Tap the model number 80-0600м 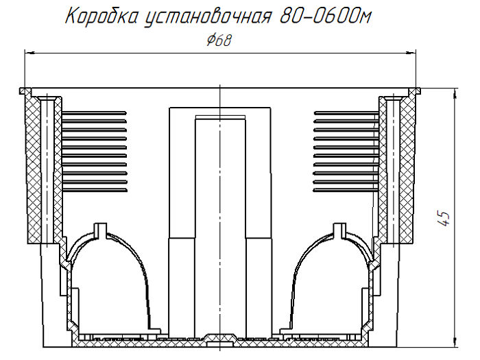(325, 16)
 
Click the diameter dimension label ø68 (218, 40)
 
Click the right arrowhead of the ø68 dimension (414, 53)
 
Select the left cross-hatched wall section (32, 171)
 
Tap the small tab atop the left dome (101, 228)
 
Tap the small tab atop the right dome (339, 228)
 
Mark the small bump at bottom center (219, 337)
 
